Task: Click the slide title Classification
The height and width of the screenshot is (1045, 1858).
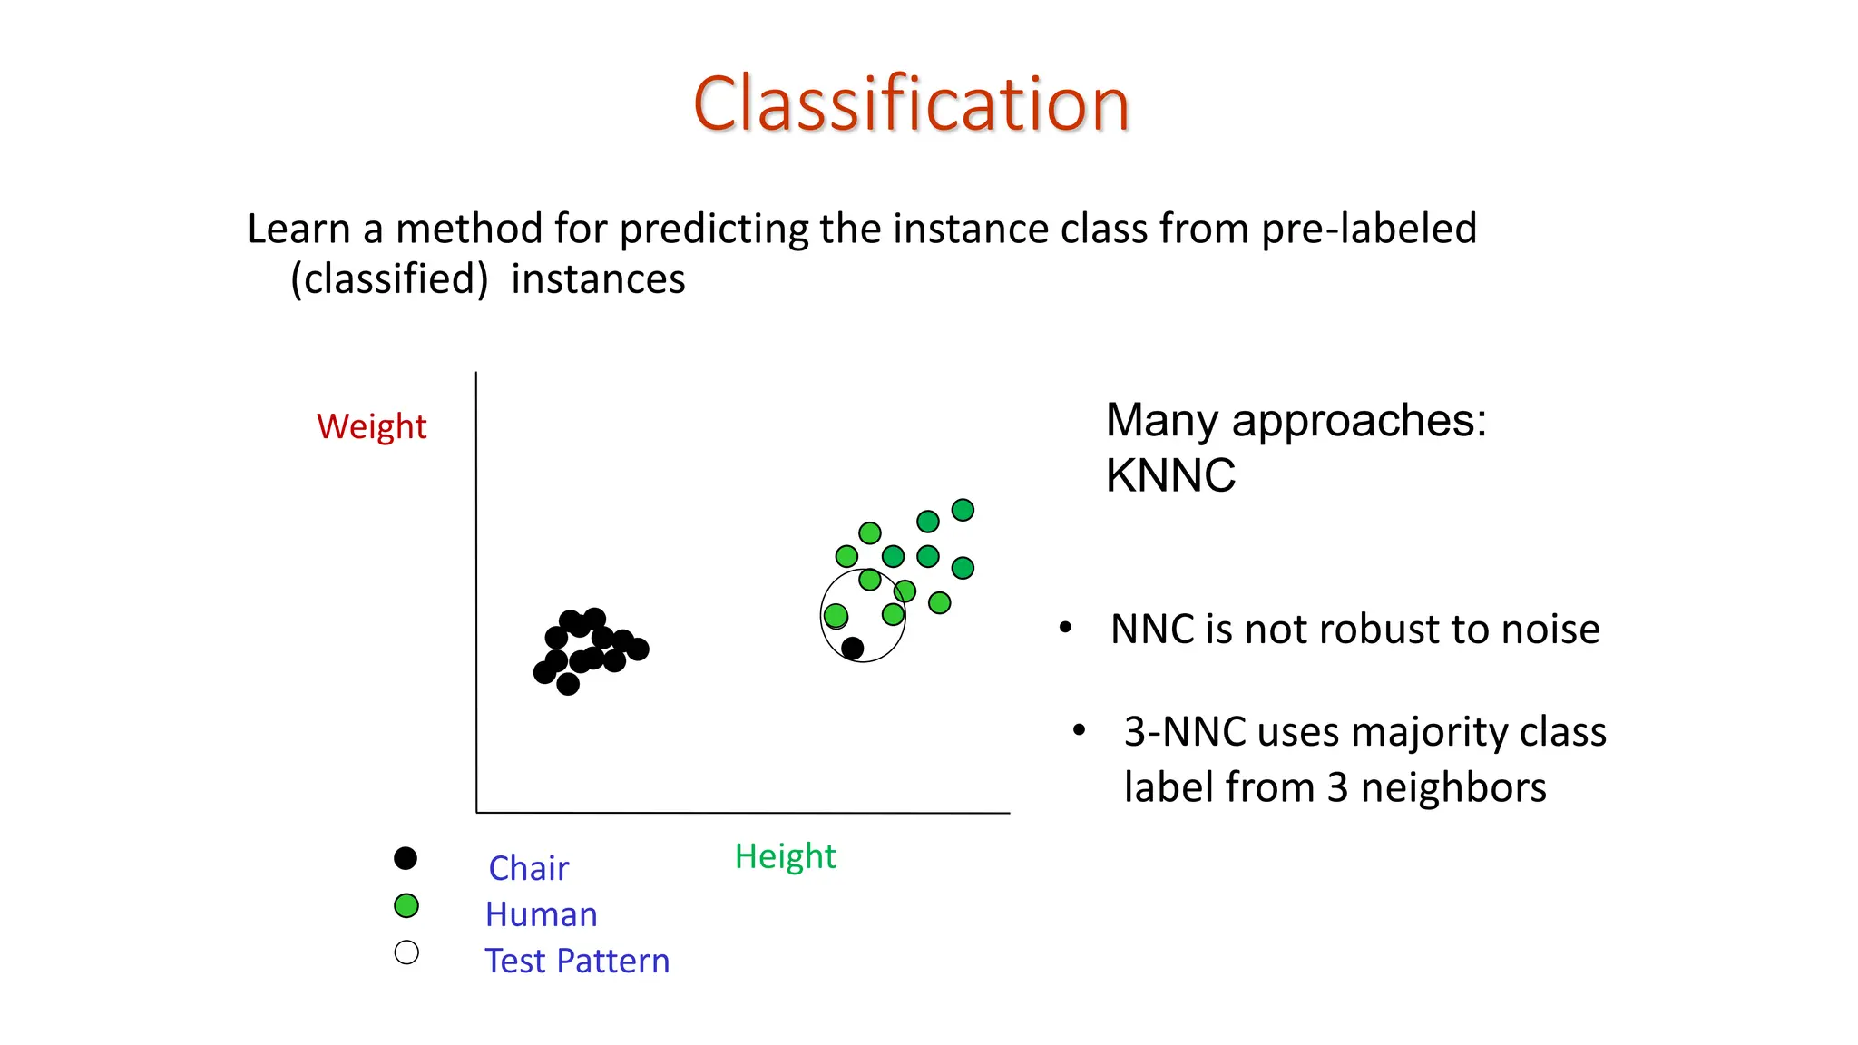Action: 911,104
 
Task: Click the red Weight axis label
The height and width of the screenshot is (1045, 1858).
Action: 371,426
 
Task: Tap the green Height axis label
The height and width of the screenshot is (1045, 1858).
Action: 785,856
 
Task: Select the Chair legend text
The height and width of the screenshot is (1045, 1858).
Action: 528,868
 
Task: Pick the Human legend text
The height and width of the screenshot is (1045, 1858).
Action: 541,914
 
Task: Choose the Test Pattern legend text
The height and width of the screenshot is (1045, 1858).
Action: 577,961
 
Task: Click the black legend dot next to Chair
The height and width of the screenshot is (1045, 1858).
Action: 406,858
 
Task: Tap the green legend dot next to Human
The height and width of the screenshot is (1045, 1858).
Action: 406,905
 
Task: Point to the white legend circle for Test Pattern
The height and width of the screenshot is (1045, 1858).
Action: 406,952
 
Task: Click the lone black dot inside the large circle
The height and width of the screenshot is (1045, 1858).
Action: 852,648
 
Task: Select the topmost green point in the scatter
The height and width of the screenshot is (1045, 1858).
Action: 963,510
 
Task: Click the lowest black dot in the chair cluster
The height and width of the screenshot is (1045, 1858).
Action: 568,684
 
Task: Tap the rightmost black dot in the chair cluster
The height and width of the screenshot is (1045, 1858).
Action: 638,649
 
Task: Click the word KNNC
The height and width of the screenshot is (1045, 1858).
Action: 1170,475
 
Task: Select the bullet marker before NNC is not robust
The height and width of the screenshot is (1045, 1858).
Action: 1066,628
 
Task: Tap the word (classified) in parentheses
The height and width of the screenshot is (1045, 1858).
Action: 389,279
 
